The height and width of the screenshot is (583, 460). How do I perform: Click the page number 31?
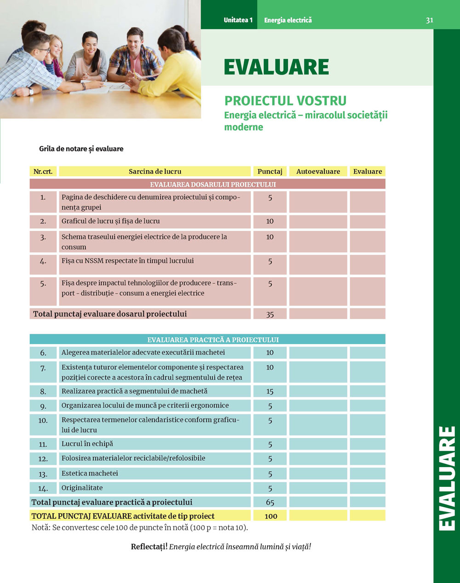[429, 20]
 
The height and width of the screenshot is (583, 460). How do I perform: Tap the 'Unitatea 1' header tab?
[238, 20]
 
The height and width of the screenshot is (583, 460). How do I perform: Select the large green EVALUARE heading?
[276, 67]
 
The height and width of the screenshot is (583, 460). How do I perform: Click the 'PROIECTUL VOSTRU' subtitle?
[285, 101]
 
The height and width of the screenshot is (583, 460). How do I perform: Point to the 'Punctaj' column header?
[270, 171]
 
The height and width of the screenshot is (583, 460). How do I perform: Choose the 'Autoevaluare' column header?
[318, 171]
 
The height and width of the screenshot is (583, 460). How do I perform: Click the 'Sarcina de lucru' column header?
[155, 171]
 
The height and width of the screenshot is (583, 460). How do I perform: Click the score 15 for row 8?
[270, 391]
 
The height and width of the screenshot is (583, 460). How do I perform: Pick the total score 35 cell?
[270, 314]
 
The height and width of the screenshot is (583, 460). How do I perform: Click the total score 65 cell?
[270, 502]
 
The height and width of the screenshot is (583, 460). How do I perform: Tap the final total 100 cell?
[270, 516]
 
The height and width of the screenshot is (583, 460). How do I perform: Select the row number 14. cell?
[43, 488]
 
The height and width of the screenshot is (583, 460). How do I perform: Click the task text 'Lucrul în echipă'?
[87, 444]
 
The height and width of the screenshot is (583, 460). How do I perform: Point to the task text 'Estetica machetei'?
[90, 473]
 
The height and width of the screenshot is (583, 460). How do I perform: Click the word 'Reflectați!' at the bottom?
[149, 547]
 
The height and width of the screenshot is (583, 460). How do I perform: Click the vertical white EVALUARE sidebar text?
[446, 478]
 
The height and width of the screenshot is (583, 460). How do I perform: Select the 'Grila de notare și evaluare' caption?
[81, 149]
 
